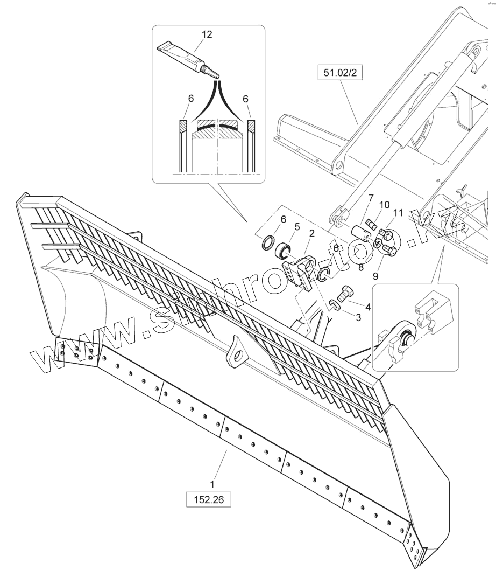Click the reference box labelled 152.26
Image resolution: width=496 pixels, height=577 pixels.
tap(208, 500)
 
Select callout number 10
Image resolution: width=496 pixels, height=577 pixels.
tap(384, 205)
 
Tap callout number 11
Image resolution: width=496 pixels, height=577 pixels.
tap(398, 213)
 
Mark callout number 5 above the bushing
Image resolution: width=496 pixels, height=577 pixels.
tap(297, 227)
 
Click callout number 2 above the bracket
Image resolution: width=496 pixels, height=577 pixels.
tap(311, 233)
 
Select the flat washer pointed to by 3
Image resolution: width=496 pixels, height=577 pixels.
tap(334, 306)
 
